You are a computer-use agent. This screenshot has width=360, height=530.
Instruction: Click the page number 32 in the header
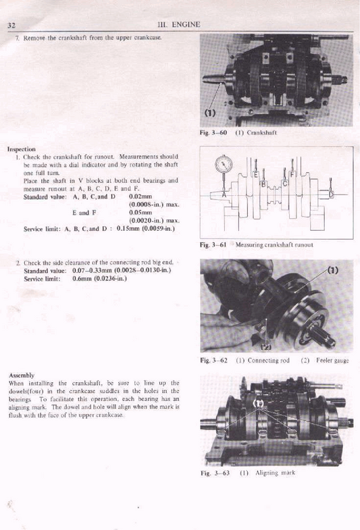[11, 26]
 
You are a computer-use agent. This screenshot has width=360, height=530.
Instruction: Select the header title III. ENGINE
[178, 25]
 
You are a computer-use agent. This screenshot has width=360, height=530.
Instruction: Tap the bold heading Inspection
[22, 149]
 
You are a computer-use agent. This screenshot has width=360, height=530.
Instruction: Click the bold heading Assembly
[21, 375]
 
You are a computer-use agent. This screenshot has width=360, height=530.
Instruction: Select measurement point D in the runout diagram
[331, 194]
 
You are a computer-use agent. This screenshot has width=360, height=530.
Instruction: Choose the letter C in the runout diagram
[284, 183]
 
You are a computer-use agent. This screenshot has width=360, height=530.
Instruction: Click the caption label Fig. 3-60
[213, 133]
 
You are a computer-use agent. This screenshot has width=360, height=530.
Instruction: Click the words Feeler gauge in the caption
[332, 361]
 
